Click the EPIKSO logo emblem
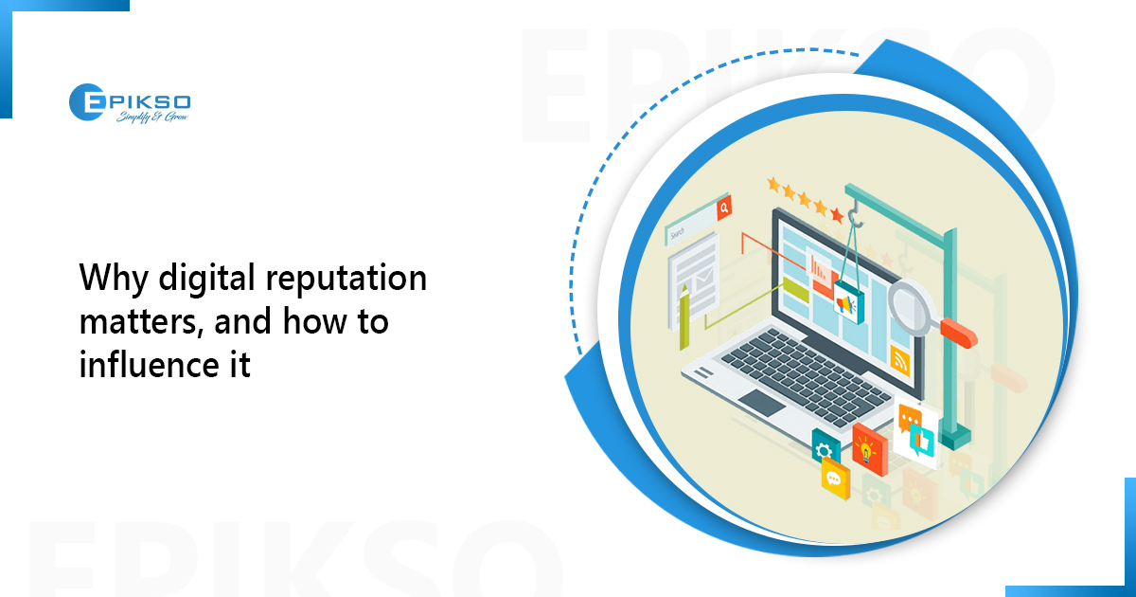(x=86, y=101)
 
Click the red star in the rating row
(x=837, y=216)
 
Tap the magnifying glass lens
(x=909, y=302)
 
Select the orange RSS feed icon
(x=900, y=359)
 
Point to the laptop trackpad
(x=763, y=402)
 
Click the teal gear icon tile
(x=825, y=448)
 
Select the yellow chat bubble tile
(x=834, y=479)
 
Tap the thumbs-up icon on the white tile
(x=920, y=437)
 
